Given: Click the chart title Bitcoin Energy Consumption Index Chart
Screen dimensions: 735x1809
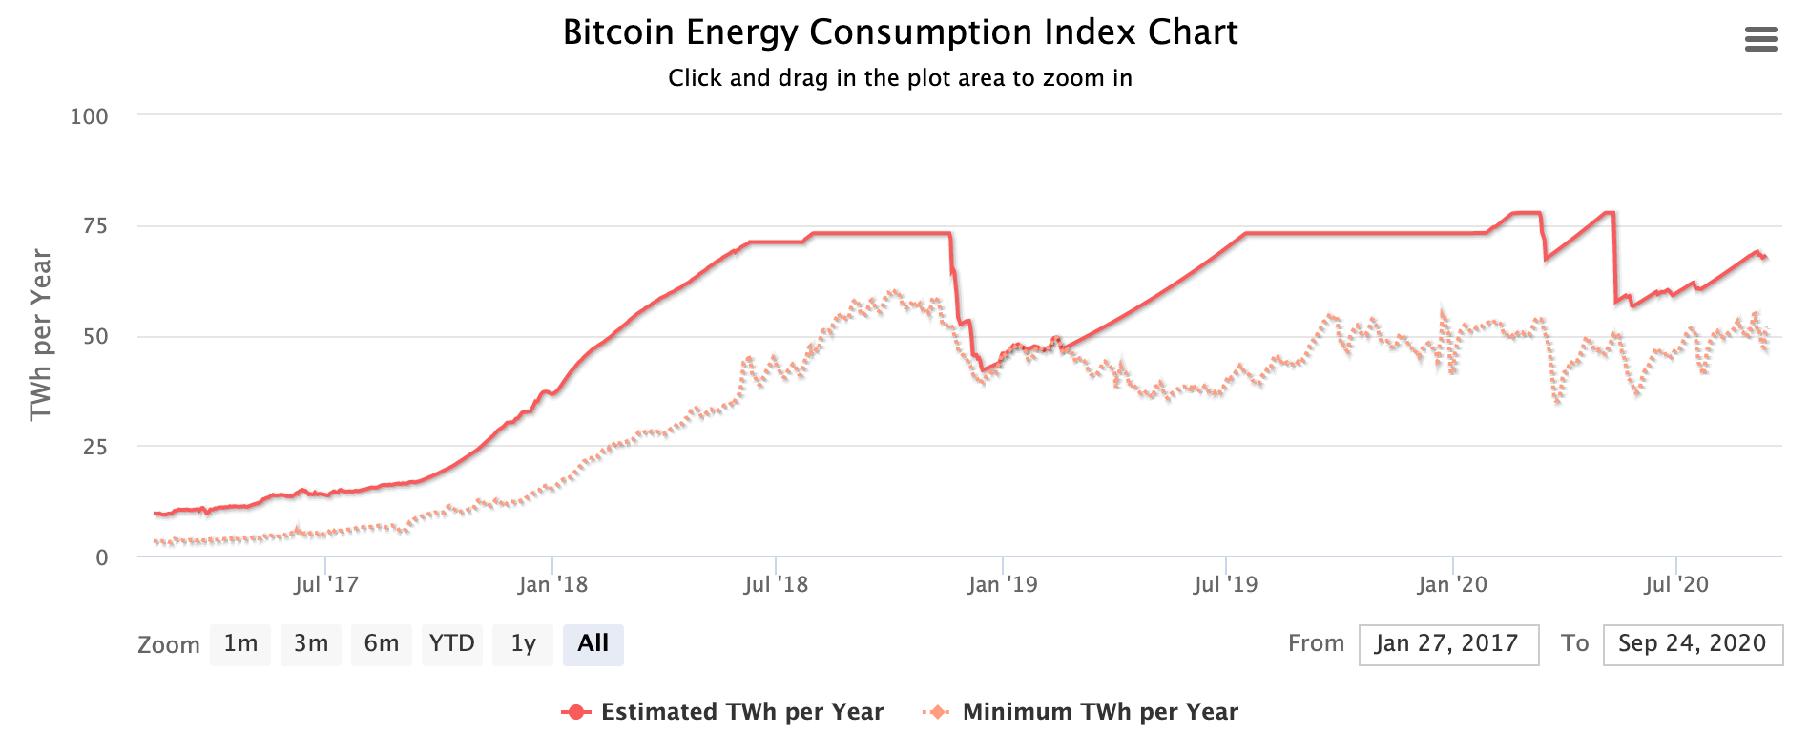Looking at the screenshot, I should (x=900, y=32).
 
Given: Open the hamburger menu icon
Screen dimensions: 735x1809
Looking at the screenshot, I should (x=1760, y=39).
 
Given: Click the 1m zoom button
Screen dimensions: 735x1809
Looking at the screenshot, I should (x=240, y=644).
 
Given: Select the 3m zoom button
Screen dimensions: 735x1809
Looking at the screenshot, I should (x=311, y=644).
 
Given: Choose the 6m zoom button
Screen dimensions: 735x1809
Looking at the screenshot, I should (x=382, y=644).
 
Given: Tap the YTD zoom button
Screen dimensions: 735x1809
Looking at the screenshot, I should (x=452, y=644).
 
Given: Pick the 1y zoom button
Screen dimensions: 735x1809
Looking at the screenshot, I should (x=523, y=644).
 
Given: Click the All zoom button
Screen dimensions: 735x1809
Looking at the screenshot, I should (x=593, y=644).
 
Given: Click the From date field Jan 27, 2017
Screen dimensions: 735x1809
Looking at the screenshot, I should (x=1447, y=644).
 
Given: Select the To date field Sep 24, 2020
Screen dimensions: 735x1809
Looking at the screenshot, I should (x=1692, y=644).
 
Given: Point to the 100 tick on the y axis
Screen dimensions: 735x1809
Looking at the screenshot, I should (x=90, y=116).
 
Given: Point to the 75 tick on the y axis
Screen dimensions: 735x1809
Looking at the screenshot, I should (x=95, y=226).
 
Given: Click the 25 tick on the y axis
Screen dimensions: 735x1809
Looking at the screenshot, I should (x=95, y=447).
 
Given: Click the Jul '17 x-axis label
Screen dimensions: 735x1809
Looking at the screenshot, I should (x=326, y=584).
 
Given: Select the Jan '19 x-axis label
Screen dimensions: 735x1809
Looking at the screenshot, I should (x=1002, y=584).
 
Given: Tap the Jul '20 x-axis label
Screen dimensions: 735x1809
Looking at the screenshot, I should (x=1676, y=584).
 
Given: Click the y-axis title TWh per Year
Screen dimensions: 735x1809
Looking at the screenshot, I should (x=40, y=334).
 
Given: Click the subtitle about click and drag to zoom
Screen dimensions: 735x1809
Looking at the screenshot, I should (x=900, y=78).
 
